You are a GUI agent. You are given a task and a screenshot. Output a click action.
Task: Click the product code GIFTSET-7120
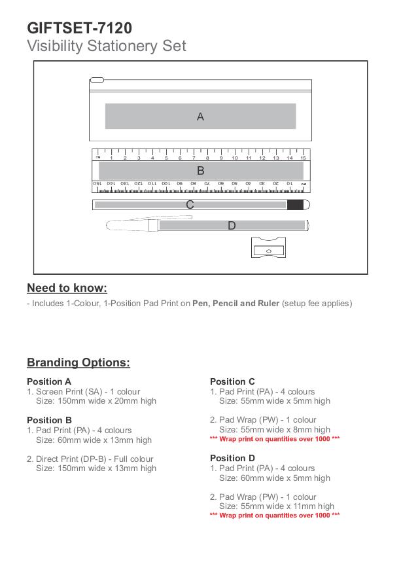coord(79,28)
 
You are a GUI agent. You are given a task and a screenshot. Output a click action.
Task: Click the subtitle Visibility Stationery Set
coord(107,46)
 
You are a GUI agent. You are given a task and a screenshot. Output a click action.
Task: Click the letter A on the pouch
coord(201,116)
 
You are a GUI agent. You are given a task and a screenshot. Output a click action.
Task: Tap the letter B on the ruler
coord(201,171)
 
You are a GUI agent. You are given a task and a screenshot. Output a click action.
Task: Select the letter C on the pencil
coord(190,205)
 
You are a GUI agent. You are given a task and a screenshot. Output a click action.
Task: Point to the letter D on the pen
coord(232,226)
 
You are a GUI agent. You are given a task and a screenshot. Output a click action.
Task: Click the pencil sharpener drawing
coord(269,249)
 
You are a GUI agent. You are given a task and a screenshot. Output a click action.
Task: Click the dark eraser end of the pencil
coord(296,205)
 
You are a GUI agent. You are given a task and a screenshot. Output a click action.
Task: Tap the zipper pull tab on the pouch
coord(96,80)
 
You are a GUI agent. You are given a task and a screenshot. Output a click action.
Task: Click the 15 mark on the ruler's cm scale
coord(303,158)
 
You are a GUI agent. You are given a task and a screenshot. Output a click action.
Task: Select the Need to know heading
coord(67,288)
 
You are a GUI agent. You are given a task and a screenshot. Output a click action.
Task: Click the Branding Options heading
coord(78,362)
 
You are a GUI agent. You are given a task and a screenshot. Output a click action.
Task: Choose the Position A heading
coord(49,381)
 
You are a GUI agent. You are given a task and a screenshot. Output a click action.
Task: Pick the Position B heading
coord(49,420)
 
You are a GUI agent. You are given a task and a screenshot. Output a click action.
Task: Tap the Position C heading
coord(232,381)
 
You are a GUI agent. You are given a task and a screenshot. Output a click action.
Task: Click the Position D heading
coord(232,458)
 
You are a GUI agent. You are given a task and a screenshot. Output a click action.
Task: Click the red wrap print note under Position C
coord(275,438)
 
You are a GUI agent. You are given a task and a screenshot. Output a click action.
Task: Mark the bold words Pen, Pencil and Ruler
coord(235,304)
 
